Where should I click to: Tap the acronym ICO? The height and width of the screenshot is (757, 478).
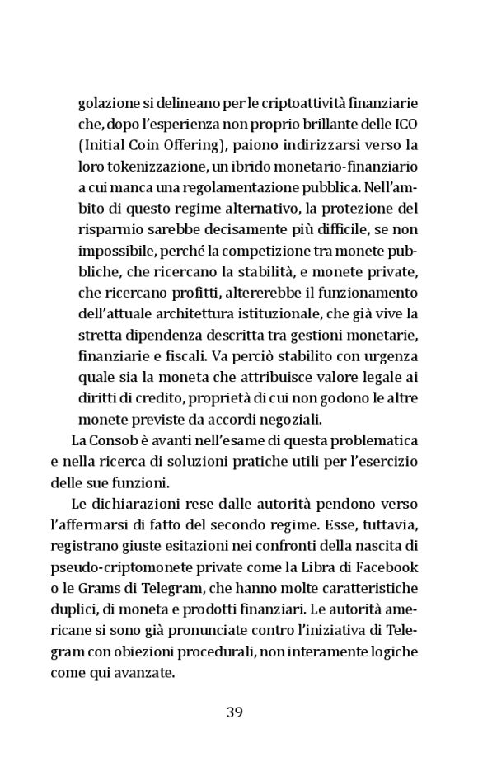tap(406, 125)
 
